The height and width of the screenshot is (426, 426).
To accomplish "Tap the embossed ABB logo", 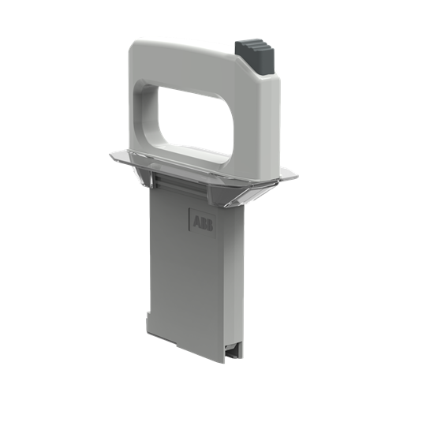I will tap(201, 222).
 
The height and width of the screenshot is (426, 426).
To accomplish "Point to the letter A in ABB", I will tap(195, 220).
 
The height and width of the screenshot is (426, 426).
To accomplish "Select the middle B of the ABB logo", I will tap(201, 222).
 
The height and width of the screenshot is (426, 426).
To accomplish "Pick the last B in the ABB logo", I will tap(207, 223).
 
